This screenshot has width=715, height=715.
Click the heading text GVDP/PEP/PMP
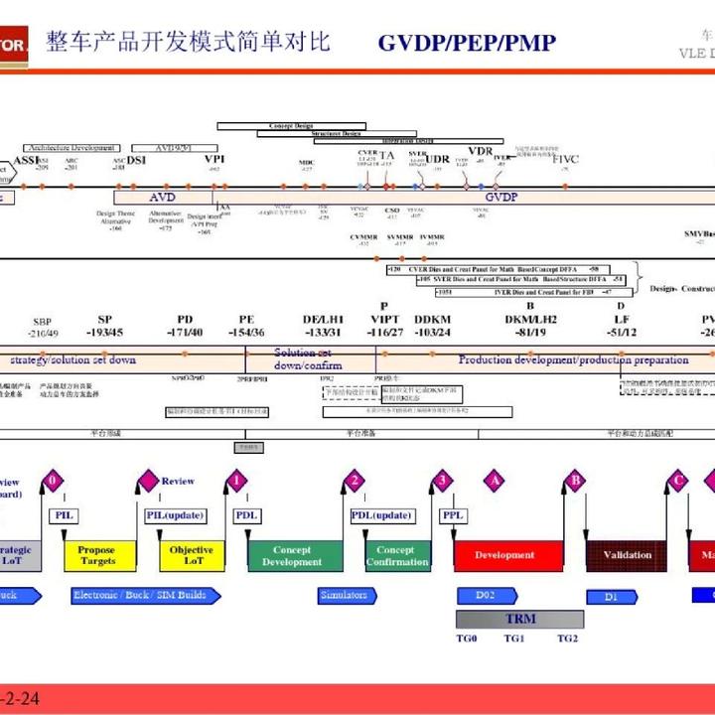(x=467, y=43)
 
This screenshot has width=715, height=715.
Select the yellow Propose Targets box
(x=96, y=556)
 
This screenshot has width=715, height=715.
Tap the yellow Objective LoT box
(x=192, y=556)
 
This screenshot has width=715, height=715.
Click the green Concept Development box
(x=292, y=556)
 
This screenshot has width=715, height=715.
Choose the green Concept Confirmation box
(x=396, y=556)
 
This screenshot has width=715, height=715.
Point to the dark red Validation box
(x=628, y=556)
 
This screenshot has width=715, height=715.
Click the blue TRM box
(x=519, y=619)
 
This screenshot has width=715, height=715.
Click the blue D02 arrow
(x=487, y=596)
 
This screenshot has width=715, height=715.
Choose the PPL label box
(x=452, y=515)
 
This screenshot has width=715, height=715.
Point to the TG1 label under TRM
(x=513, y=639)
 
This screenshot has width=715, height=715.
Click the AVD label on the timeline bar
(x=163, y=198)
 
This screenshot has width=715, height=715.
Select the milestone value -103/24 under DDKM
(x=433, y=332)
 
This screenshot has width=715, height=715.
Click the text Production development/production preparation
(x=573, y=359)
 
